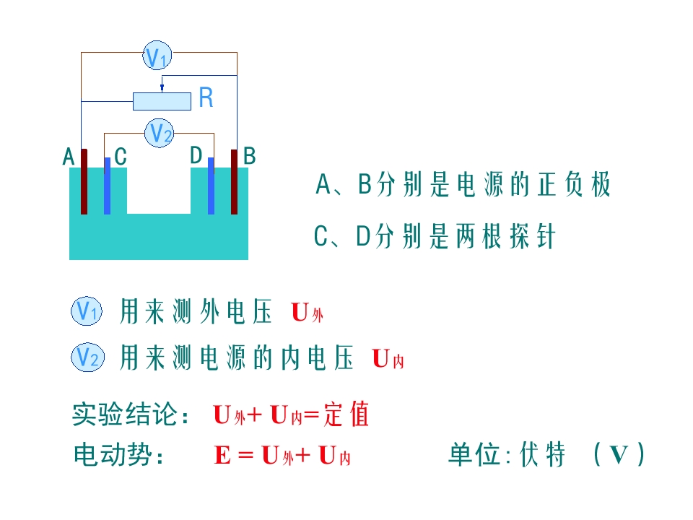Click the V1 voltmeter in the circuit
click(157, 56)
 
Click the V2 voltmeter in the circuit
click(159, 133)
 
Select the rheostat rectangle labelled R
click(162, 101)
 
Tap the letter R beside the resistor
click(206, 97)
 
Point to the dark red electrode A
click(84, 182)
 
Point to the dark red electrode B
click(234, 182)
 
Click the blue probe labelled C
click(108, 186)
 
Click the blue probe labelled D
click(212, 186)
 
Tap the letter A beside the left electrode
click(69, 157)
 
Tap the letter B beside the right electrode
click(250, 156)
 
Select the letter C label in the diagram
click(121, 157)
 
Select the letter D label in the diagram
click(196, 155)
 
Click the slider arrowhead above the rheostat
click(162, 89)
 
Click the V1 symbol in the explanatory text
click(87, 311)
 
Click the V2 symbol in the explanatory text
click(87, 357)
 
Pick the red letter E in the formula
click(222, 455)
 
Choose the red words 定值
click(346, 415)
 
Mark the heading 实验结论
click(125, 415)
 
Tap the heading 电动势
click(113, 454)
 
